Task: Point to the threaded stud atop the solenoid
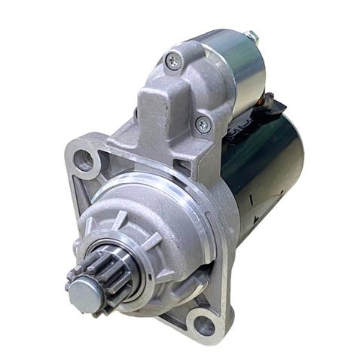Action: pos(251,36)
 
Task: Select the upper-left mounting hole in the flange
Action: pos(85,160)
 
